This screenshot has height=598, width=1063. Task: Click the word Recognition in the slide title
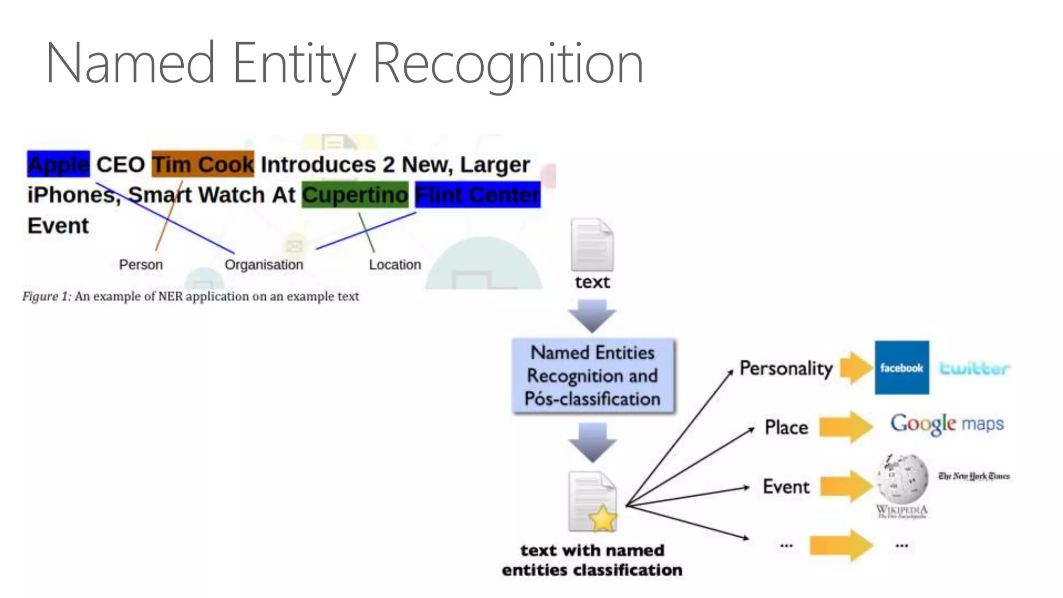pos(508,63)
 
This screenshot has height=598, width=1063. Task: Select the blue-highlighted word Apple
pos(58,164)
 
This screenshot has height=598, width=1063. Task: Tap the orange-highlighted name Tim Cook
pos(203,164)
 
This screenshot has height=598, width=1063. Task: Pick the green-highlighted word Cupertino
pos(355,195)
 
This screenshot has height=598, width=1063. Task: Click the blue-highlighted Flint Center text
pos(478,195)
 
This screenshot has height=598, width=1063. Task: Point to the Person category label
pos(141,265)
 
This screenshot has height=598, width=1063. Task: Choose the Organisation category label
pos(264,265)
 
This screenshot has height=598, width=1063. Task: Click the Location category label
pos(395,265)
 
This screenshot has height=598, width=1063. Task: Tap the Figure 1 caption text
pos(190,296)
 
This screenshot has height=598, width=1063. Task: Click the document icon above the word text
pos(592,244)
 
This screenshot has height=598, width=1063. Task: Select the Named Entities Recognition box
pos(593,376)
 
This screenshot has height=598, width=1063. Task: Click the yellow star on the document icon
pos(603,519)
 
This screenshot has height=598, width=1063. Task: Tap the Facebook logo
pos(902,368)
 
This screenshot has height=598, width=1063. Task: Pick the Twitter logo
pos(974,369)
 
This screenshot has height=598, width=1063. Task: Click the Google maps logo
pos(947,424)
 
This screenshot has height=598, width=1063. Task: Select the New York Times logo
pos(974,476)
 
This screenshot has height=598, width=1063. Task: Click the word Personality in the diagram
pos(786,368)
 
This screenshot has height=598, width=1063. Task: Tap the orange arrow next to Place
pos(846,427)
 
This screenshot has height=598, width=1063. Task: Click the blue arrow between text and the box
pos(592,315)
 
